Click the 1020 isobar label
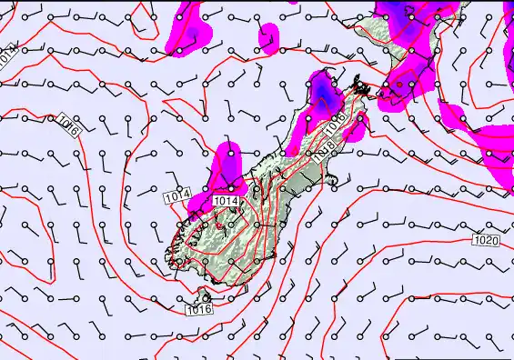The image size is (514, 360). [486, 240]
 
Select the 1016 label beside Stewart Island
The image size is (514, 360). [199, 310]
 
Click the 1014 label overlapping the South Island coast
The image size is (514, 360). [226, 200]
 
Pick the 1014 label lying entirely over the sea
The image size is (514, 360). [177, 195]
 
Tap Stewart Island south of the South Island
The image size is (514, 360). [207, 296]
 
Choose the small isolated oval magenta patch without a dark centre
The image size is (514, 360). [267, 38]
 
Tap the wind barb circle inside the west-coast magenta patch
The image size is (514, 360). [230, 155]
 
